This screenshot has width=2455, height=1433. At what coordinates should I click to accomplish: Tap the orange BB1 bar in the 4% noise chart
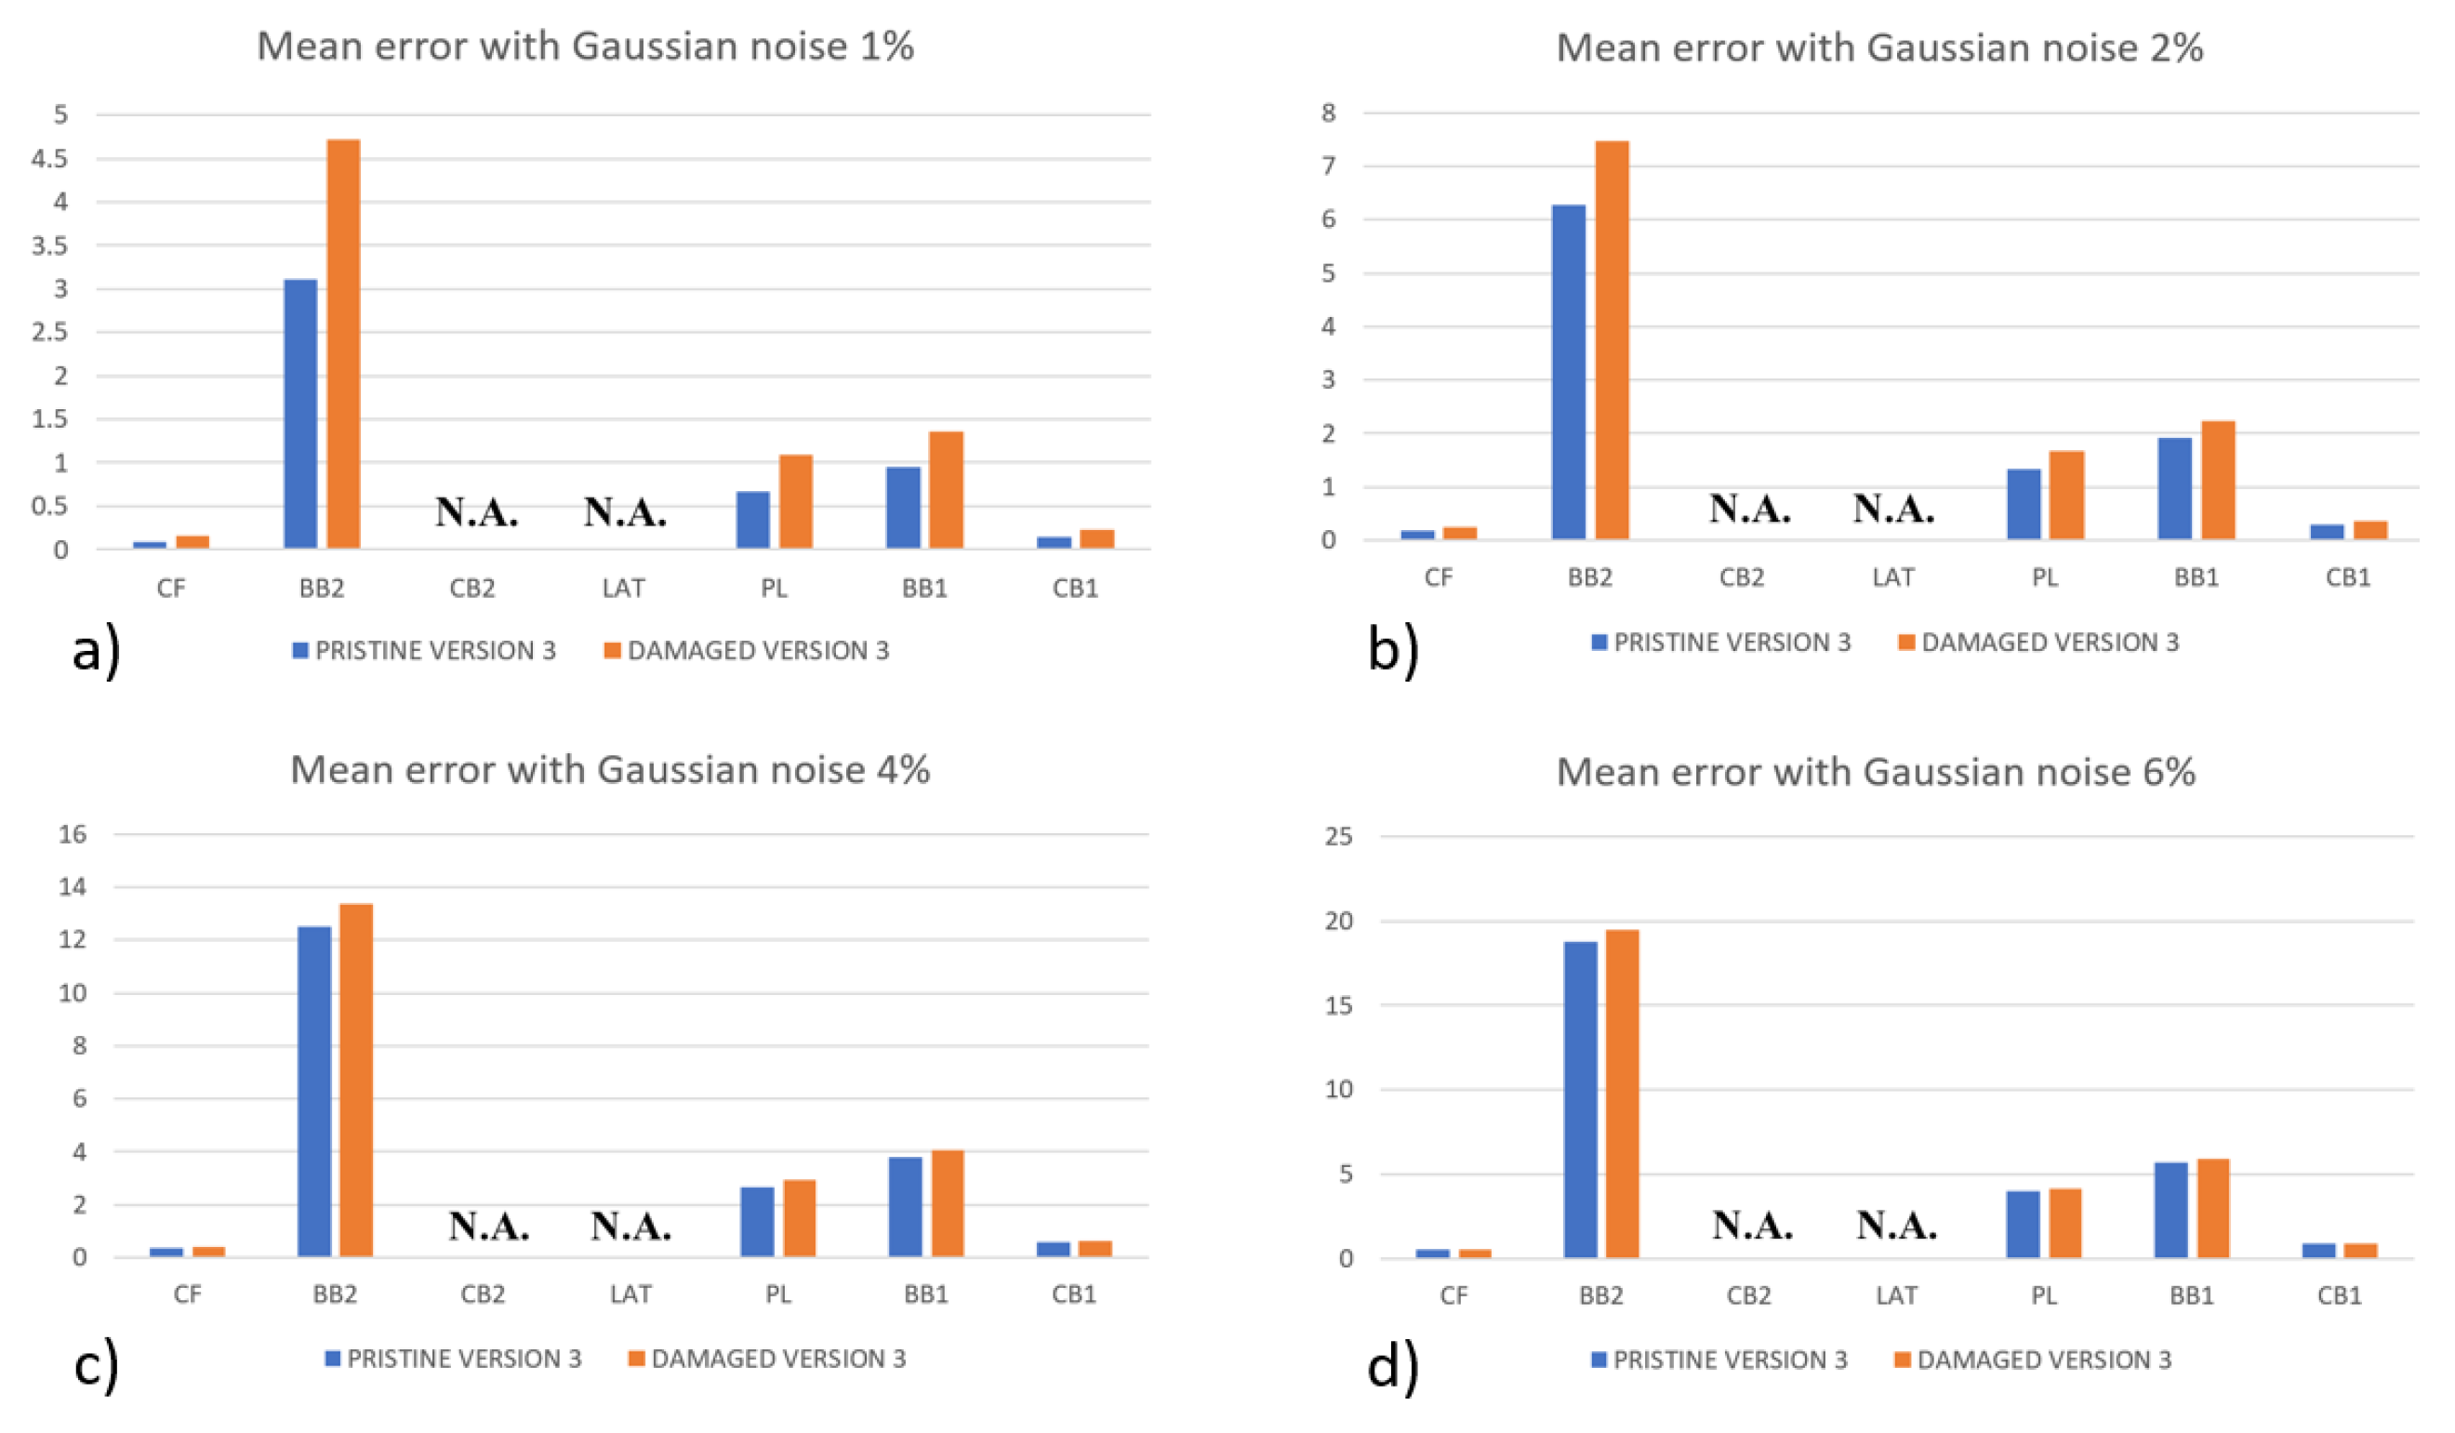947,1203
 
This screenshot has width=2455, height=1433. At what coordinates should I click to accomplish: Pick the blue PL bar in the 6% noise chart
2023,1224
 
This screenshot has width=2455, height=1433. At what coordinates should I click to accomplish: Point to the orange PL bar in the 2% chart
2066,495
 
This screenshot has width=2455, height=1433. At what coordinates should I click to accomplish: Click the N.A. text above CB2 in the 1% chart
476,511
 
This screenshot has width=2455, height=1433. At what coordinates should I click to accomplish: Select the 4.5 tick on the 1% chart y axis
49,159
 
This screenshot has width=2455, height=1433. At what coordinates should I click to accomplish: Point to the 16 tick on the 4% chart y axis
73,834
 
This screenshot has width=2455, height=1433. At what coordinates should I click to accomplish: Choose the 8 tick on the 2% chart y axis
1329,113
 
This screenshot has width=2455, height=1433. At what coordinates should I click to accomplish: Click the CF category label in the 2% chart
1438,577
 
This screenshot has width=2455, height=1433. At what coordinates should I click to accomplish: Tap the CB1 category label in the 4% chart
1073,1294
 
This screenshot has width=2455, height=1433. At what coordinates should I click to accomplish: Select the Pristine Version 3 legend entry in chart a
425,650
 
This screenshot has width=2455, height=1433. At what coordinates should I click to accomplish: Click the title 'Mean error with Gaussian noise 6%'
1876,772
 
